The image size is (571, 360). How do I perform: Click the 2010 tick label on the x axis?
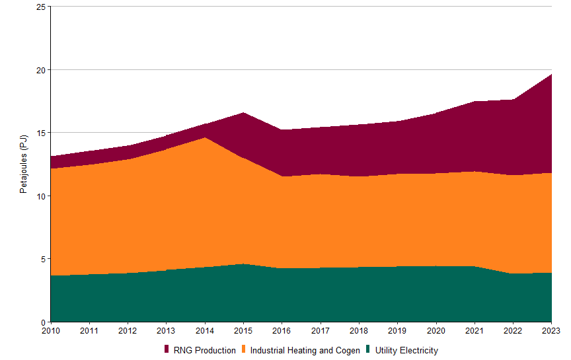pos(50,330)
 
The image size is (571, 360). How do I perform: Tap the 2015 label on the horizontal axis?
pos(243,330)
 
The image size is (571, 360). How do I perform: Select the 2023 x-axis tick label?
pos(551,330)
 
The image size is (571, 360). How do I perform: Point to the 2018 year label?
pos(359,330)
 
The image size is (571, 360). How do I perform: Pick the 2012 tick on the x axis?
pos(128,330)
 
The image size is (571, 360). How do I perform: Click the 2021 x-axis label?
pos(475,330)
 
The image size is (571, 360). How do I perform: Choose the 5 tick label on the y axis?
pos(43,259)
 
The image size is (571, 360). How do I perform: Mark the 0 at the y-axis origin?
pos(43,322)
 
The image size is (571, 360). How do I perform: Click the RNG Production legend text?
pos(204,351)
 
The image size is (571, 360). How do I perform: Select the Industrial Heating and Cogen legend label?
pos(305,351)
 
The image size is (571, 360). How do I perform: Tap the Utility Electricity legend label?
pos(406,351)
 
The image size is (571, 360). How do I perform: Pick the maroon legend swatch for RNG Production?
pos(167,349)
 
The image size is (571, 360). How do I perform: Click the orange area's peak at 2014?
pos(205,138)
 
